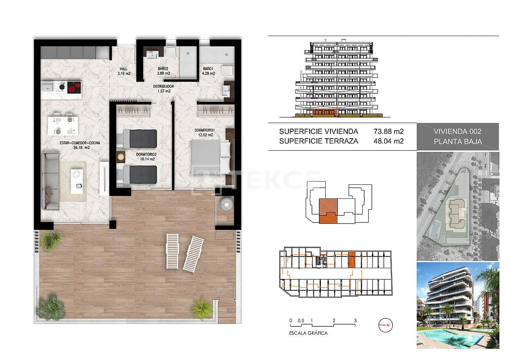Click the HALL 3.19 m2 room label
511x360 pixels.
(x=124, y=71)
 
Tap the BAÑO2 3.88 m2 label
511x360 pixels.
(x=163, y=71)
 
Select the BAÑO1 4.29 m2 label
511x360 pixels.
(x=209, y=71)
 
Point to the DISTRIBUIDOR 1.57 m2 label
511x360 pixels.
(x=163, y=89)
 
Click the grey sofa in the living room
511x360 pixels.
(x=51, y=181)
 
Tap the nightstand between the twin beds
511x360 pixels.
(x=121, y=157)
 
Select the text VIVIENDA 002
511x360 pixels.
(x=457, y=131)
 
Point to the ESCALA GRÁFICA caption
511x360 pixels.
(x=308, y=333)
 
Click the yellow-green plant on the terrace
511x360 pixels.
(x=201, y=308)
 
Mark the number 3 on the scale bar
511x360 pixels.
(x=355, y=320)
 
